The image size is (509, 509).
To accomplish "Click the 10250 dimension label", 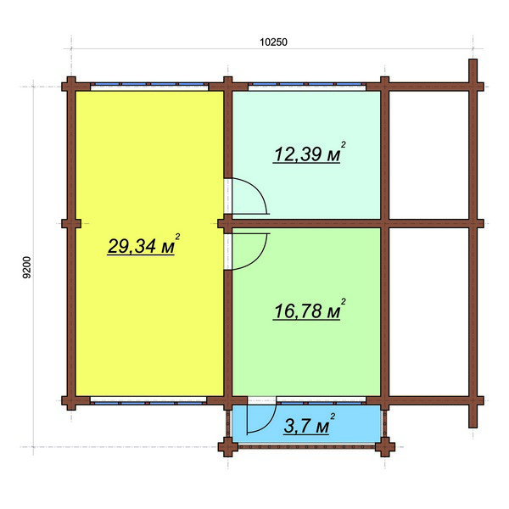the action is point(273,42).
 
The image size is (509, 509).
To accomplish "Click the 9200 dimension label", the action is point(27,267).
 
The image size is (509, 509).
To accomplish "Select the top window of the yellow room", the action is point(149,86).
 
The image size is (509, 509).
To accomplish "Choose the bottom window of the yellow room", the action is point(148,401).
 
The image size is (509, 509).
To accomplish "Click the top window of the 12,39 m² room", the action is point(307,86).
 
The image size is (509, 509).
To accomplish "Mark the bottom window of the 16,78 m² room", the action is point(321,401).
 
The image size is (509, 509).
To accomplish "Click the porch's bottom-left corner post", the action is point(228,447).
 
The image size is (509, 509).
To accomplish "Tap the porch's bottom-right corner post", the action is point(385,447).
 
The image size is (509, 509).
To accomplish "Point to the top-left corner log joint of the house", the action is point(71,87).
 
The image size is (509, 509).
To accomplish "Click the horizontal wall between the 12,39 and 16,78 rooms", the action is point(306,223).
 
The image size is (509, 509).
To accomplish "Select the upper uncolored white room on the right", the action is point(428,155).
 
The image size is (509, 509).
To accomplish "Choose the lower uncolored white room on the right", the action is point(428,312).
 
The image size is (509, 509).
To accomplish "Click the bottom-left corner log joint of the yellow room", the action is point(71,400).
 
